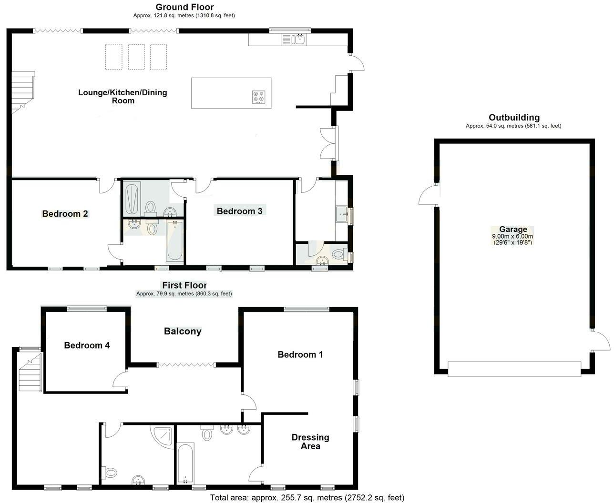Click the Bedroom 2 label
pos(65,214)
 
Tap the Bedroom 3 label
pos(239,211)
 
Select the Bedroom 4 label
pos(87,345)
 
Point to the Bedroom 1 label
pos(300,354)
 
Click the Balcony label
pos(183,331)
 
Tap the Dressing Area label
pos(310,442)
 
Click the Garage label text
pos(513,229)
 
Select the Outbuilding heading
pos(514,118)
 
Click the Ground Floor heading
pos(184,7)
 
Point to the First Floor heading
pos(184,285)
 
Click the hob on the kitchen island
pos(258,97)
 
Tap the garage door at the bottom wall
pos(514,369)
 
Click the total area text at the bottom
pos(307,498)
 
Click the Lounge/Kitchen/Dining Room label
pos(123,96)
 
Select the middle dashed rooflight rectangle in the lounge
pos(136,57)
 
